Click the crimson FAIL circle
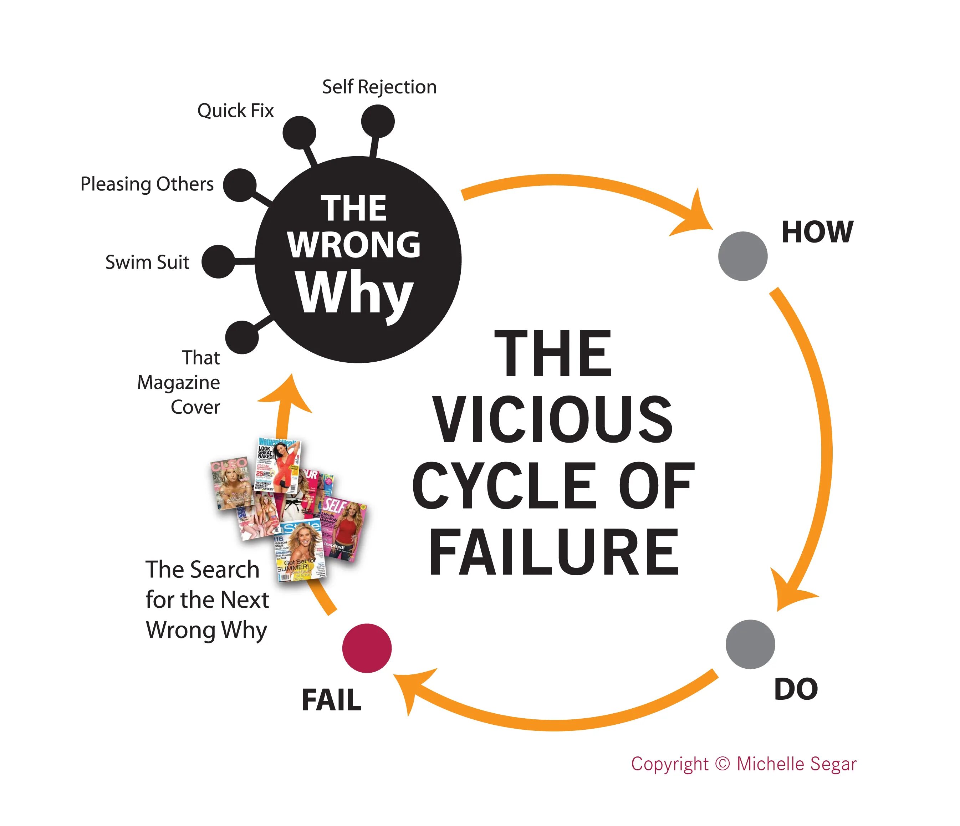coord(367,648)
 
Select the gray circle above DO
coord(750,644)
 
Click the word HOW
coord(817,232)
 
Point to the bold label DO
coord(796,689)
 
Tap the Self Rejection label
coord(379,87)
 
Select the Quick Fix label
coord(235,111)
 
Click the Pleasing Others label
coord(147,184)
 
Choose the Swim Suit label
coord(147,262)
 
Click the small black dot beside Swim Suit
coord(218,262)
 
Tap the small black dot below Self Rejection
coord(378,121)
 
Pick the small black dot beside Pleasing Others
coord(240,185)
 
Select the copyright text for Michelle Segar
coord(743,764)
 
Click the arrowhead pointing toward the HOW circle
coord(697,214)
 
